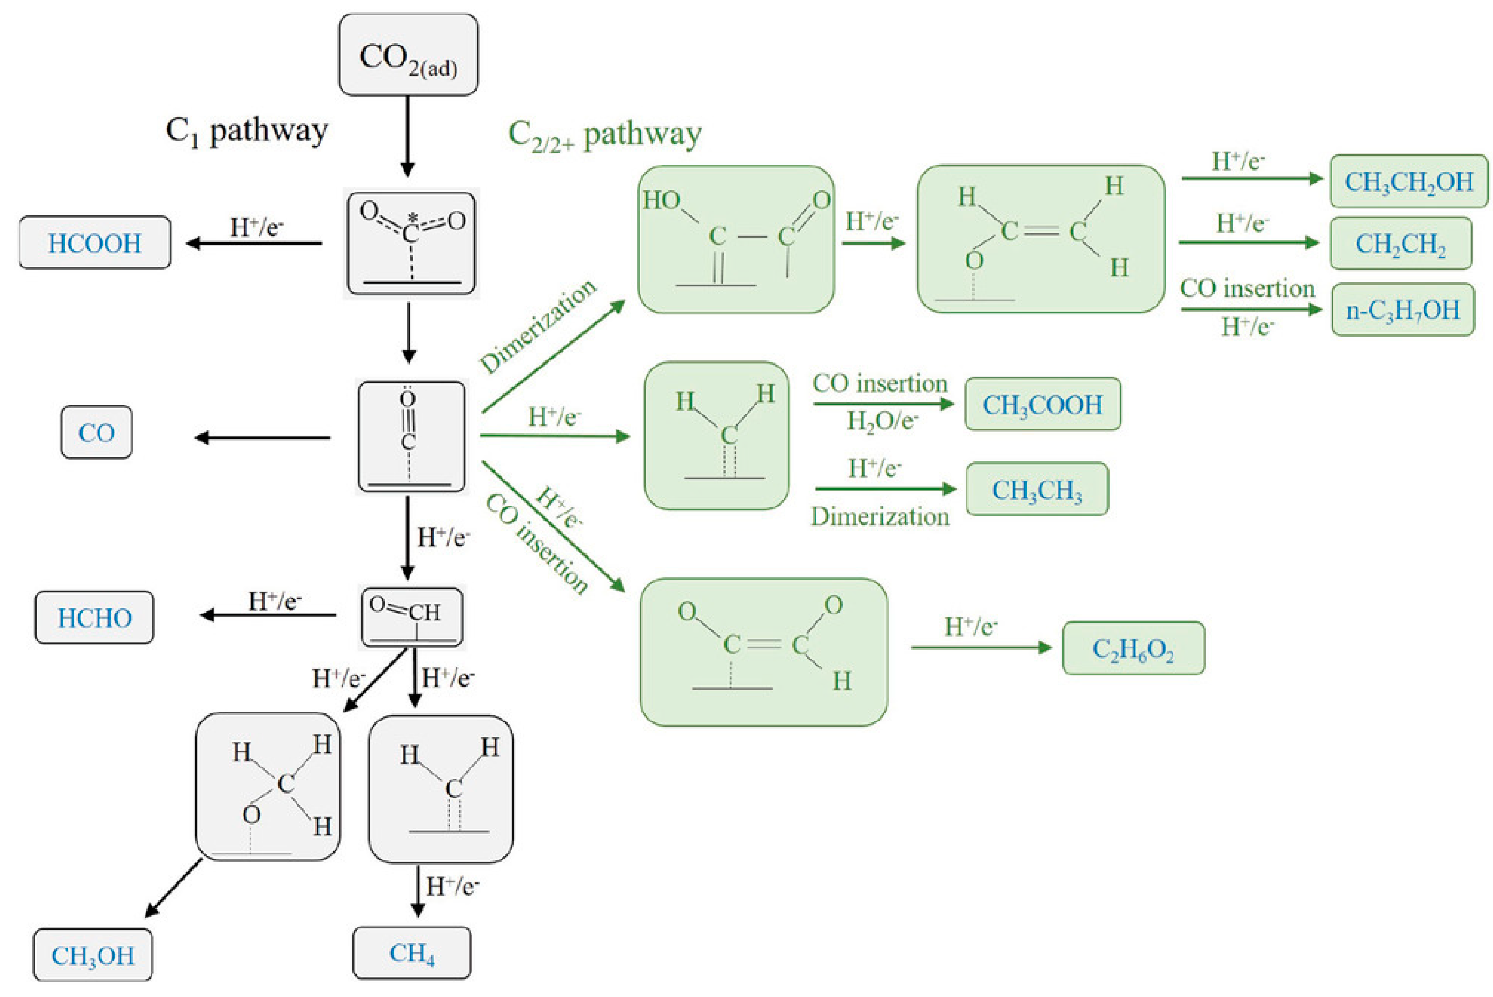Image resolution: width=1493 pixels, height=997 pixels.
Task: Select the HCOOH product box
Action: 95,243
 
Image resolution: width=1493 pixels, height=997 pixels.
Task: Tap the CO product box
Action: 97,432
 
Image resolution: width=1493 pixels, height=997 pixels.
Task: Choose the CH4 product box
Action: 412,952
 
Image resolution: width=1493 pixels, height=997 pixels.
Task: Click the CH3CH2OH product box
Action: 1409,181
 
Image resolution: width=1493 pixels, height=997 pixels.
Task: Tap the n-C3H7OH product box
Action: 1403,310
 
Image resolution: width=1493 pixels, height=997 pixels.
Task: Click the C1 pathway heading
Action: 247,131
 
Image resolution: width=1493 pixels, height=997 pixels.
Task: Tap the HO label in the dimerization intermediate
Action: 661,200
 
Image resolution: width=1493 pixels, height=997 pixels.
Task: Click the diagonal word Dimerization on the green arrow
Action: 538,326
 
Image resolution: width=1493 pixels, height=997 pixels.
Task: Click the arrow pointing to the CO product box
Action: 262,437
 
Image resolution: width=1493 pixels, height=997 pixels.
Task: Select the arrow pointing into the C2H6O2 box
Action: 981,647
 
